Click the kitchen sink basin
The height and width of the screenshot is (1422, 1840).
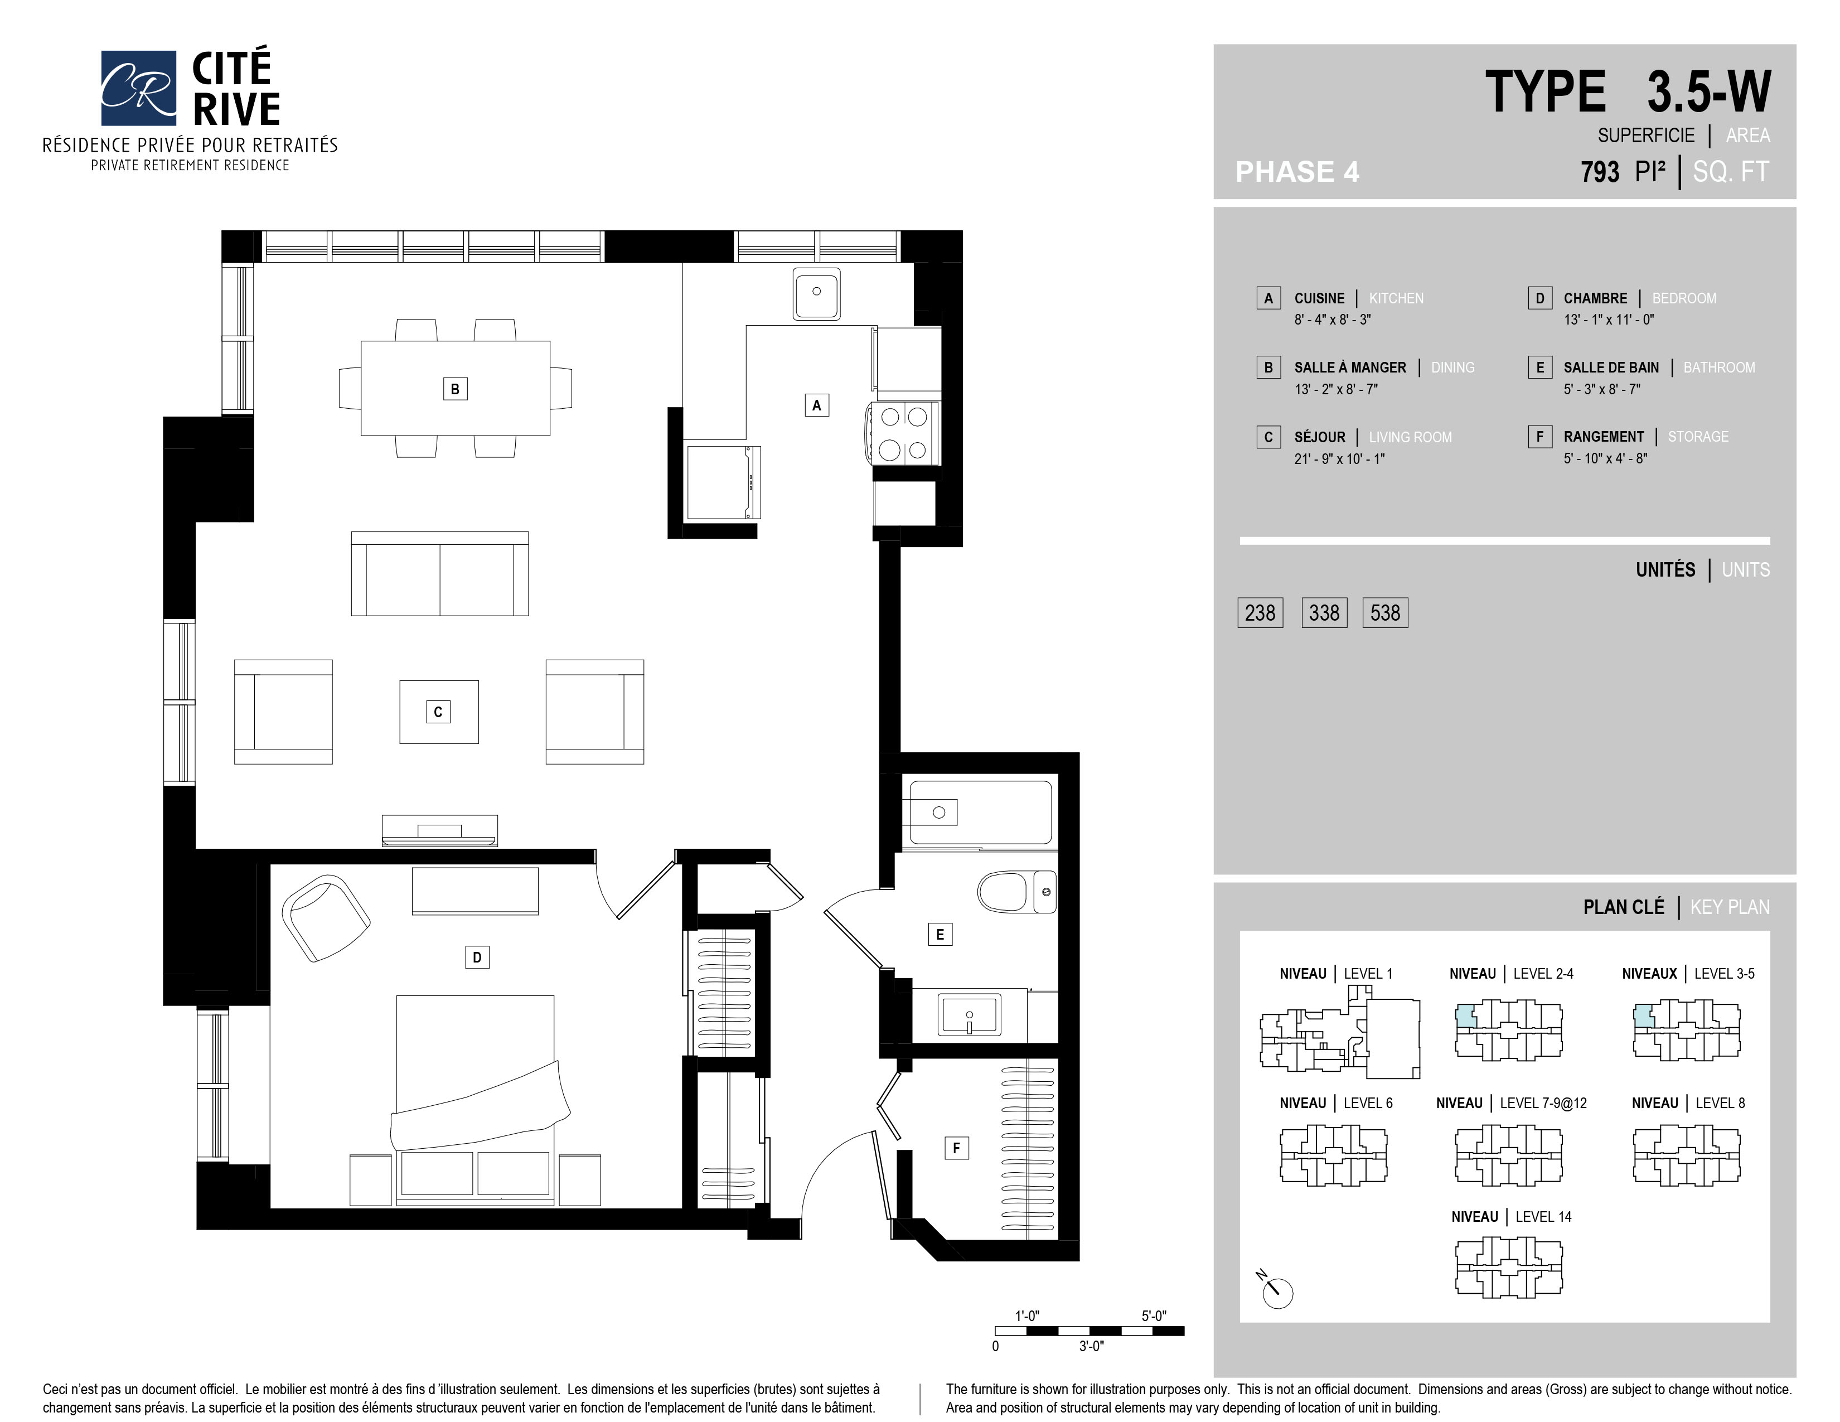point(816,293)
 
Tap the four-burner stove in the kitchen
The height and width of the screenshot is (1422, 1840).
point(904,433)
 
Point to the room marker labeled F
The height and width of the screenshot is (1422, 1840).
point(956,1148)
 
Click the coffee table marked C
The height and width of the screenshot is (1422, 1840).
point(439,712)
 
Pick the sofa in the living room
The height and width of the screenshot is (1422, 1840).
point(440,574)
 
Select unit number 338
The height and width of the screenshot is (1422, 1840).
point(1324,612)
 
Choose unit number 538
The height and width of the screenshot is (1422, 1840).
point(1385,612)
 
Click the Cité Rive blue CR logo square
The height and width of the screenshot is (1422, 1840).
point(139,88)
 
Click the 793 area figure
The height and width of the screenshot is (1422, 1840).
point(1600,172)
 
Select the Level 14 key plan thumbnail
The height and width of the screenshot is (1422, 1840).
point(1509,1267)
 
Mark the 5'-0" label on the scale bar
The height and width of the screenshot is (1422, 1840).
point(1154,1316)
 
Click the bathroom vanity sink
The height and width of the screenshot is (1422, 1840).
point(970,1014)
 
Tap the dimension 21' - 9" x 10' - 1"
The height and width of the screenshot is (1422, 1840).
point(1339,458)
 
